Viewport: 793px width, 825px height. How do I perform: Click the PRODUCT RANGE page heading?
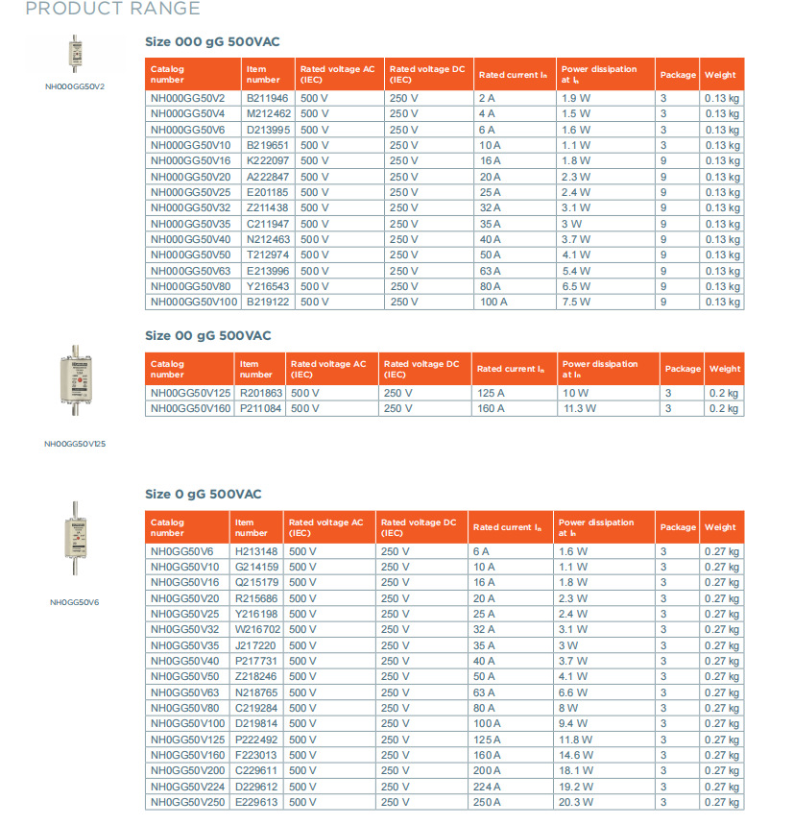pos(112,10)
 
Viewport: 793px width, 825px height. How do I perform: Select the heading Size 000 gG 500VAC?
pos(212,41)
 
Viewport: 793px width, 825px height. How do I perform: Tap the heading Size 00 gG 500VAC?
pos(208,335)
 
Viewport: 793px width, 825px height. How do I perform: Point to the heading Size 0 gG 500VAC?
pos(204,494)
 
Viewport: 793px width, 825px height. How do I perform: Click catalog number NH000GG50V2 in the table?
pos(187,98)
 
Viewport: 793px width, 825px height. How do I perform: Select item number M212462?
pos(268,113)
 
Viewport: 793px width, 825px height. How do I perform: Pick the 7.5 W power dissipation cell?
pos(576,302)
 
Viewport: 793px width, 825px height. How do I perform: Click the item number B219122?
pos(268,302)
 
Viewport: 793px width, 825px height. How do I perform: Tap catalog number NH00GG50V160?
pos(189,408)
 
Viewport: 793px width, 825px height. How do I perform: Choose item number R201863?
pos(261,393)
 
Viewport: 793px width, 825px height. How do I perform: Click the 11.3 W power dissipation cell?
pos(579,408)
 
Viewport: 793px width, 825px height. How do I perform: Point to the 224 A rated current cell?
pos(487,787)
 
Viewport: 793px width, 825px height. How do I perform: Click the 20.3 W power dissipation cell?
pos(576,802)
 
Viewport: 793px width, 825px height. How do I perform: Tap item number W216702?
pos(257,629)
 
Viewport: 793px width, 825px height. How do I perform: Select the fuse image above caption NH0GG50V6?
pos(74,537)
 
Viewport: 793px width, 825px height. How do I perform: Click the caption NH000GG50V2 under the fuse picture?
pos(74,86)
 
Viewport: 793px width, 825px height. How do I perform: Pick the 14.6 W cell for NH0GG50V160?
pos(576,755)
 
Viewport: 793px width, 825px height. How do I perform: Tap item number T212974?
pos(268,255)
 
